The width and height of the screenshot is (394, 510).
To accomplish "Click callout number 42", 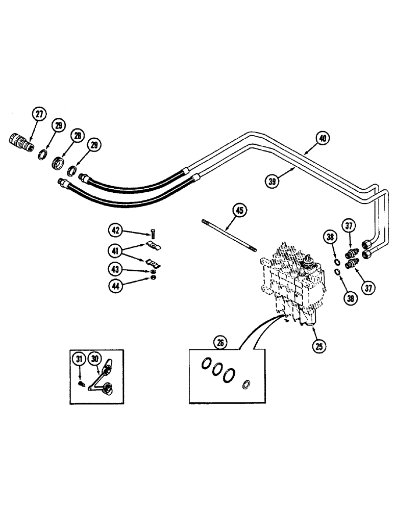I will click(116, 231).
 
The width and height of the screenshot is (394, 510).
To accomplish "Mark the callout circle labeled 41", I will click(116, 250).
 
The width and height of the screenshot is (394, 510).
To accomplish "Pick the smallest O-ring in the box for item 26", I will click(247, 384).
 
